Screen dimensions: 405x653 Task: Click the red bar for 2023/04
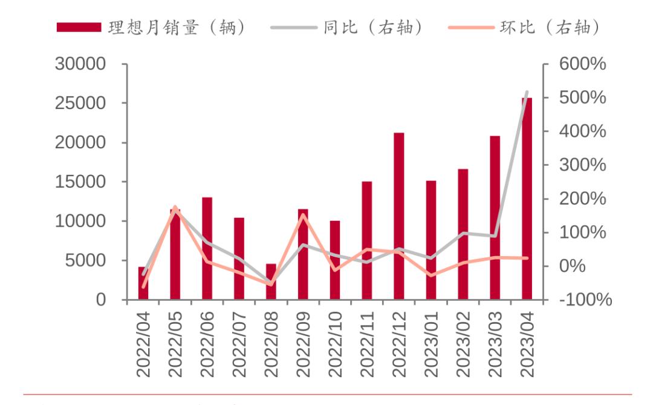[x=527, y=200]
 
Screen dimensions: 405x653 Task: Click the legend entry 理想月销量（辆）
[x=151, y=28]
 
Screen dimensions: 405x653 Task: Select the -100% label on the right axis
[x=581, y=300]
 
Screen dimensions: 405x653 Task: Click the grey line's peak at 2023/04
[x=527, y=92]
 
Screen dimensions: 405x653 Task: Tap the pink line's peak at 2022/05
[x=175, y=207]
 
